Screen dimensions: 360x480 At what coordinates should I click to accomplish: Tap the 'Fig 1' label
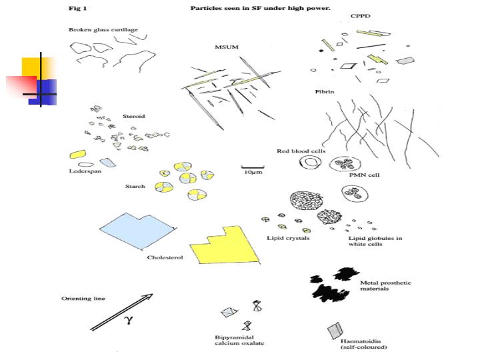pos(79,9)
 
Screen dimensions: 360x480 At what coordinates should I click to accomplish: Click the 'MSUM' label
pos(223,47)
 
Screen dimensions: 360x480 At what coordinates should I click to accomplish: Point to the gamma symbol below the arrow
pos(128,319)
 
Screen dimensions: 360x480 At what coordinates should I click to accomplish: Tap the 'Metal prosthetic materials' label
pos(385,287)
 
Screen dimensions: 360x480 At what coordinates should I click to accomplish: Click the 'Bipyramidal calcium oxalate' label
pos(239,340)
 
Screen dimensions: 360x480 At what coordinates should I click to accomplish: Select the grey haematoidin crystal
pos(335,331)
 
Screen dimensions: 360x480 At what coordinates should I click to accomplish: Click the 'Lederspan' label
pos(85,171)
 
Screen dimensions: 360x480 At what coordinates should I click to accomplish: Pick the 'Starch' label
pos(135,186)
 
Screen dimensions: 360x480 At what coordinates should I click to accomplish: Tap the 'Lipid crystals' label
pos(288,238)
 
